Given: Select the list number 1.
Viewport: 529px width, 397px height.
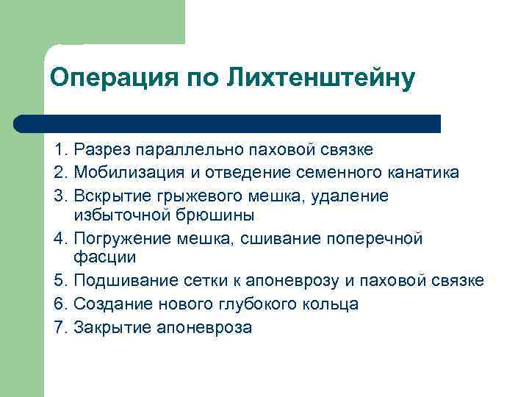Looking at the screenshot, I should coord(59,150).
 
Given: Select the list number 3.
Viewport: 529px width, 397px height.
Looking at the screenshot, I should coord(59,196).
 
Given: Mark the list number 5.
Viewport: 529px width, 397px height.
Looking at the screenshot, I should coord(59,281).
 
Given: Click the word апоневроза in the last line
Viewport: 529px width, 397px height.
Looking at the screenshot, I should coord(205,326).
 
